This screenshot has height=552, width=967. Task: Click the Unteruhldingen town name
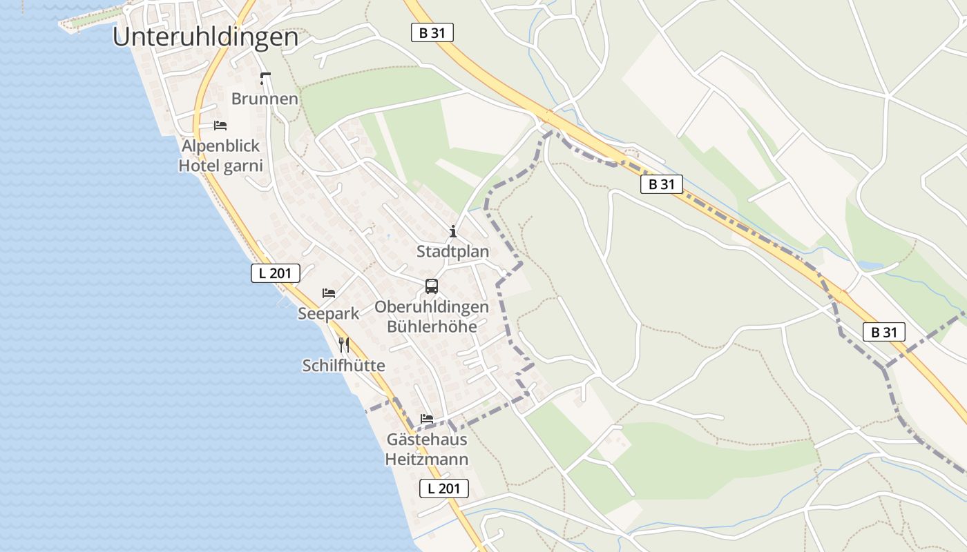(205, 37)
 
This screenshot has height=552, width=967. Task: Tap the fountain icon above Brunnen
(265, 78)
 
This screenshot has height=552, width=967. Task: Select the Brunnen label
(265, 99)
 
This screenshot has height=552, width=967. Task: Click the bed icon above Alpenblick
(220, 125)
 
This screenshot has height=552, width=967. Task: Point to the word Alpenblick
(220, 146)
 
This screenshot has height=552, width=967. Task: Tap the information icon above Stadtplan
(453, 231)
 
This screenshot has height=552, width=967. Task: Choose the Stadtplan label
(452, 252)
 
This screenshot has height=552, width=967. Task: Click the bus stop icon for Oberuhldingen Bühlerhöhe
(432, 286)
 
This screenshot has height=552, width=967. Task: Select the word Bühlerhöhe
(432, 326)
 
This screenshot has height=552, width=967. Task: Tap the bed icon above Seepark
(329, 293)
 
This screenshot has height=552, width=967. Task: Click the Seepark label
(329, 313)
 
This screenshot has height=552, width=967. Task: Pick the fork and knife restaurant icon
(344, 344)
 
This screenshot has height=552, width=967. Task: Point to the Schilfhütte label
(343, 366)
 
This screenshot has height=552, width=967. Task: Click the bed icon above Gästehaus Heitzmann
(427, 419)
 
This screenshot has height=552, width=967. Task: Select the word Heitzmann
(426, 459)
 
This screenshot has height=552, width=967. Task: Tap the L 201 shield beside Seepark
(275, 273)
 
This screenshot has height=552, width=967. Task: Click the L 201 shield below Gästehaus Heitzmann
(444, 489)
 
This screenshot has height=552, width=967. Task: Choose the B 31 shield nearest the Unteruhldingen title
(432, 32)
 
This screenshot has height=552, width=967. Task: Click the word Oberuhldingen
(432, 307)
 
